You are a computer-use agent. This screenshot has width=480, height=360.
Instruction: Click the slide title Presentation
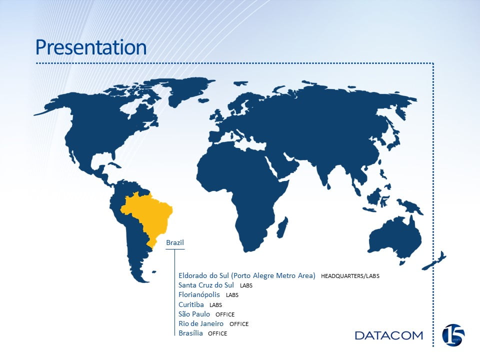pyautogui.click(x=91, y=47)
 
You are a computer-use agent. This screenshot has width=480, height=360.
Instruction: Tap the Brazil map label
pyautogui.click(x=175, y=242)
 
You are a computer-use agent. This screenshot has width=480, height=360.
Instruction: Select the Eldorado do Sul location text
pyautogui.click(x=246, y=275)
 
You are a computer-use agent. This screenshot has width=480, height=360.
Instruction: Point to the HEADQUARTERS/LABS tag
pyautogui.click(x=350, y=276)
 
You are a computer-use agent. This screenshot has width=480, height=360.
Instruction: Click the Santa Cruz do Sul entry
pyautogui.click(x=206, y=285)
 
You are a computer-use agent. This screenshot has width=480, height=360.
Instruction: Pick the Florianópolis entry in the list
pyautogui.click(x=199, y=295)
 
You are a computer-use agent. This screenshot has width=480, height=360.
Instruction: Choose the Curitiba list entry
pyautogui.click(x=191, y=304)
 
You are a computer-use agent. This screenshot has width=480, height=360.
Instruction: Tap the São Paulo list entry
pyautogui.click(x=194, y=314)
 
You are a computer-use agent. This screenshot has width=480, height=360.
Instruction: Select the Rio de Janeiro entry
pyautogui.click(x=201, y=323)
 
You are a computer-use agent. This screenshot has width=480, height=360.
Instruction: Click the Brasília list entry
pyautogui.click(x=190, y=333)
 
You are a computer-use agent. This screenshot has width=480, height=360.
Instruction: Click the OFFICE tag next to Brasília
pyautogui.click(x=217, y=333)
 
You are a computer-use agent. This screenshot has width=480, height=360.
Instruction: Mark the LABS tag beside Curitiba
pyautogui.click(x=215, y=305)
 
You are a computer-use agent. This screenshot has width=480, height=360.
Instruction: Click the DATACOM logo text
pyautogui.click(x=389, y=335)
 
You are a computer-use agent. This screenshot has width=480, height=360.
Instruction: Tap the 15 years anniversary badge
pyautogui.click(x=453, y=335)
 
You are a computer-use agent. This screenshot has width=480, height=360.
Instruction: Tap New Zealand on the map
pyautogui.click(x=434, y=261)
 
